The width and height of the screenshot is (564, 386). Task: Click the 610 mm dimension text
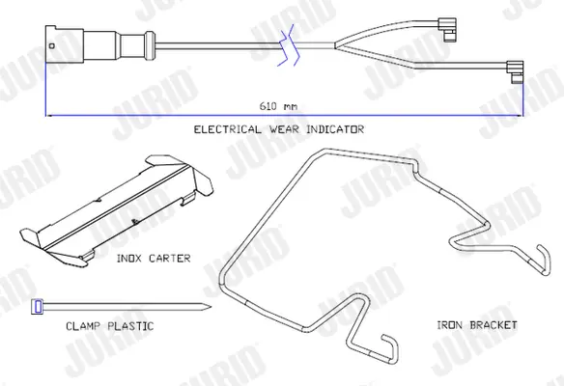click(x=278, y=106)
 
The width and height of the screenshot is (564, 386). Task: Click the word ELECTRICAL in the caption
click(x=227, y=129)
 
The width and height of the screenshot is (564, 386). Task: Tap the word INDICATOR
click(x=335, y=129)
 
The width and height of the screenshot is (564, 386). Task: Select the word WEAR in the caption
click(x=284, y=129)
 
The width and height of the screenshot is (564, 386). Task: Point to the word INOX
click(x=129, y=259)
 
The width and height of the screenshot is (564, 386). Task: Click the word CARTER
click(x=169, y=259)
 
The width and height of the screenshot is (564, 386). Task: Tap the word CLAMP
click(x=83, y=326)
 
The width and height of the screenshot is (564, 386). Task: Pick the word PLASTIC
click(x=131, y=326)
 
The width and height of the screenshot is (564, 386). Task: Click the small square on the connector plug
click(x=52, y=45)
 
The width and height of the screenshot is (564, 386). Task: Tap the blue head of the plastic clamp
click(x=38, y=307)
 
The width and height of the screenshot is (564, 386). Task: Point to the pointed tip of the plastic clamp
click(x=211, y=307)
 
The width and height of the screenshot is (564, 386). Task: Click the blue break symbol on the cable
click(x=289, y=45)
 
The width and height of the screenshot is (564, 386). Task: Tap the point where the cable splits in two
click(x=335, y=45)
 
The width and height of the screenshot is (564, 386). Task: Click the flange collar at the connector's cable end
click(x=150, y=45)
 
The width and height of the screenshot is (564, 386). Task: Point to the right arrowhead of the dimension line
click(x=521, y=116)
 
